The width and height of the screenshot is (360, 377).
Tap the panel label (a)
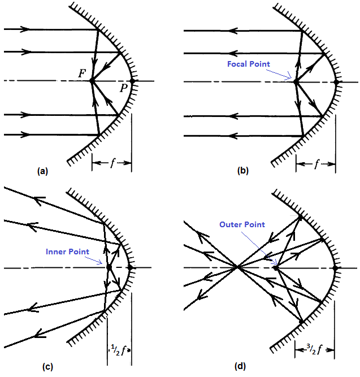(x=41, y=170)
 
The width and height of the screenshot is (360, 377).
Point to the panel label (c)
(x=48, y=366)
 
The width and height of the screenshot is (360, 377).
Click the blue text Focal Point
(x=249, y=64)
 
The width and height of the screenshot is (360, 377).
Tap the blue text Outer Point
(x=242, y=224)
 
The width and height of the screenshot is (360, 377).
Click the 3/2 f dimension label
(x=314, y=349)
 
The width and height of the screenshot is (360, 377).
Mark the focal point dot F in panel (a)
(x=92, y=81)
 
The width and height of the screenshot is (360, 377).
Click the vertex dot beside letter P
(x=132, y=81)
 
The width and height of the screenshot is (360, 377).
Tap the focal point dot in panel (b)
(x=295, y=81)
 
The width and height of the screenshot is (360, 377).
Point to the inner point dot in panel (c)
(x=108, y=266)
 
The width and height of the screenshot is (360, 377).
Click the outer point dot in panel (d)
(x=275, y=266)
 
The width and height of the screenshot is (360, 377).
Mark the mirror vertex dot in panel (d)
(x=336, y=267)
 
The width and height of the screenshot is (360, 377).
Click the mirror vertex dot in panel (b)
(x=336, y=81)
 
